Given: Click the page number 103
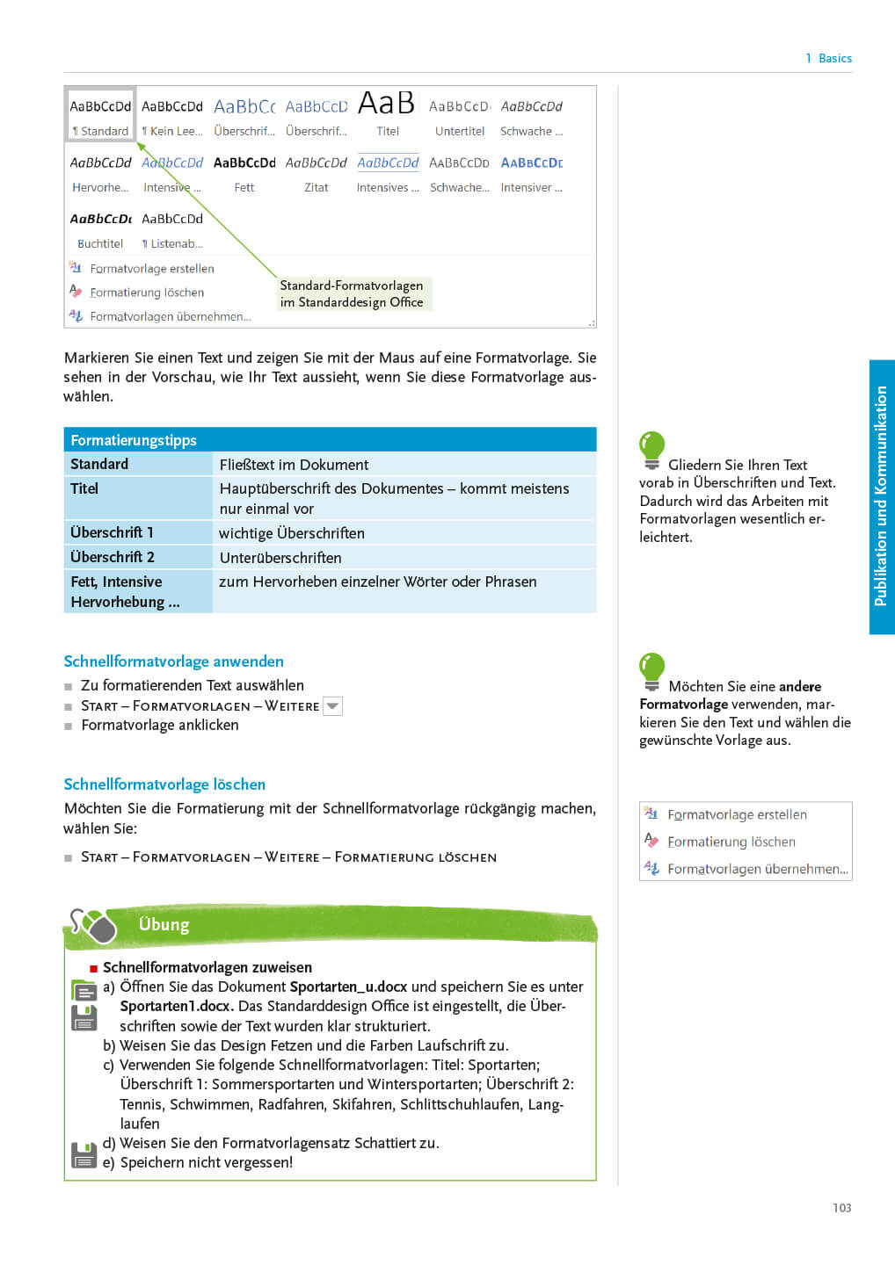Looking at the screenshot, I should (x=841, y=1208).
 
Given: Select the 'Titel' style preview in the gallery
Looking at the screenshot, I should (x=387, y=114).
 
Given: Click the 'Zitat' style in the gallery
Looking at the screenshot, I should (x=316, y=173).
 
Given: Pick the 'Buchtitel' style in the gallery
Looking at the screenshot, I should (x=100, y=229).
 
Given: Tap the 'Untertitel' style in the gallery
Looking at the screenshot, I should (x=459, y=116).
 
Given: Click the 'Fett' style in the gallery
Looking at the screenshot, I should (x=244, y=173).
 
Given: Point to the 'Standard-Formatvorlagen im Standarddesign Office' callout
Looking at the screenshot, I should (x=352, y=293).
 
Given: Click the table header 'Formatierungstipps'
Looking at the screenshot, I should (x=134, y=440).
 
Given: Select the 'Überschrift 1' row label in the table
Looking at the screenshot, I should (x=112, y=532).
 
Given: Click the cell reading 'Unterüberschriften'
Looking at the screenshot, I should (x=280, y=558).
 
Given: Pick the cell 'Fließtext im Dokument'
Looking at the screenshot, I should (x=294, y=465).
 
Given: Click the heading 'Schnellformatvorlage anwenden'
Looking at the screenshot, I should (x=173, y=661).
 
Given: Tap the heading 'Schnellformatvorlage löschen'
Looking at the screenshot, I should (x=164, y=784).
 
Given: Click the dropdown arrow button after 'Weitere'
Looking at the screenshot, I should (x=332, y=705).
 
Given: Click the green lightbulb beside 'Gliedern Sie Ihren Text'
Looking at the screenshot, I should (x=651, y=449).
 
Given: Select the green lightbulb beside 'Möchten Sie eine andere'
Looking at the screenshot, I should (x=651, y=670).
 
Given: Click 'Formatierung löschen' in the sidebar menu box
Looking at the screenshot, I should (x=731, y=842).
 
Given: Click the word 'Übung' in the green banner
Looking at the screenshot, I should (x=164, y=924).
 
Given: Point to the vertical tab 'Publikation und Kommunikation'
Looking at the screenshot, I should (x=881, y=496).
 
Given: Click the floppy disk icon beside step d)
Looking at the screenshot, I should (x=84, y=1154).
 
